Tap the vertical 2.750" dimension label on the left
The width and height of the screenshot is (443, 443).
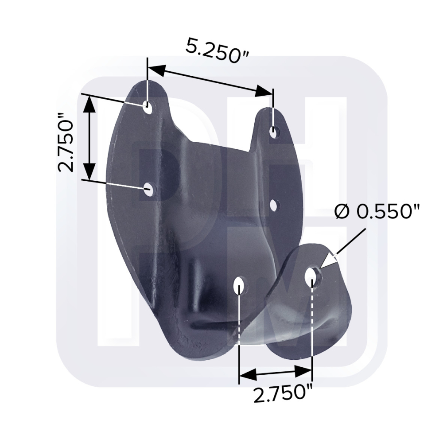tap(66, 143)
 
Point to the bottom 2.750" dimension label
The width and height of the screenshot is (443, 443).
tap(283, 394)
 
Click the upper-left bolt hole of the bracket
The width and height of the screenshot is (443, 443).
tap(147, 107)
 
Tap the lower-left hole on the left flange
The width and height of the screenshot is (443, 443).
tap(148, 189)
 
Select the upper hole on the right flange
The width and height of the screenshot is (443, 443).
tap(273, 132)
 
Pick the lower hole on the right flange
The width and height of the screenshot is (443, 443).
tap(273, 206)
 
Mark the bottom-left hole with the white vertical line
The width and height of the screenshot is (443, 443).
tap(239, 285)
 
